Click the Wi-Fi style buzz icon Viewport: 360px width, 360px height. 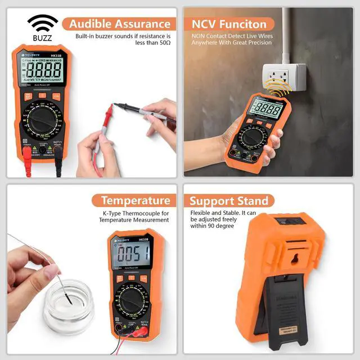coord(43,22)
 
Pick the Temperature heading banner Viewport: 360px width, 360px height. coord(135,201)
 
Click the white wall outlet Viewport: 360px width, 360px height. coord(284,77)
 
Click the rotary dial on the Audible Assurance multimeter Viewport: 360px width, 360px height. coord(43,121)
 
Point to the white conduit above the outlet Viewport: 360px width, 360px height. coord(286,34)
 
